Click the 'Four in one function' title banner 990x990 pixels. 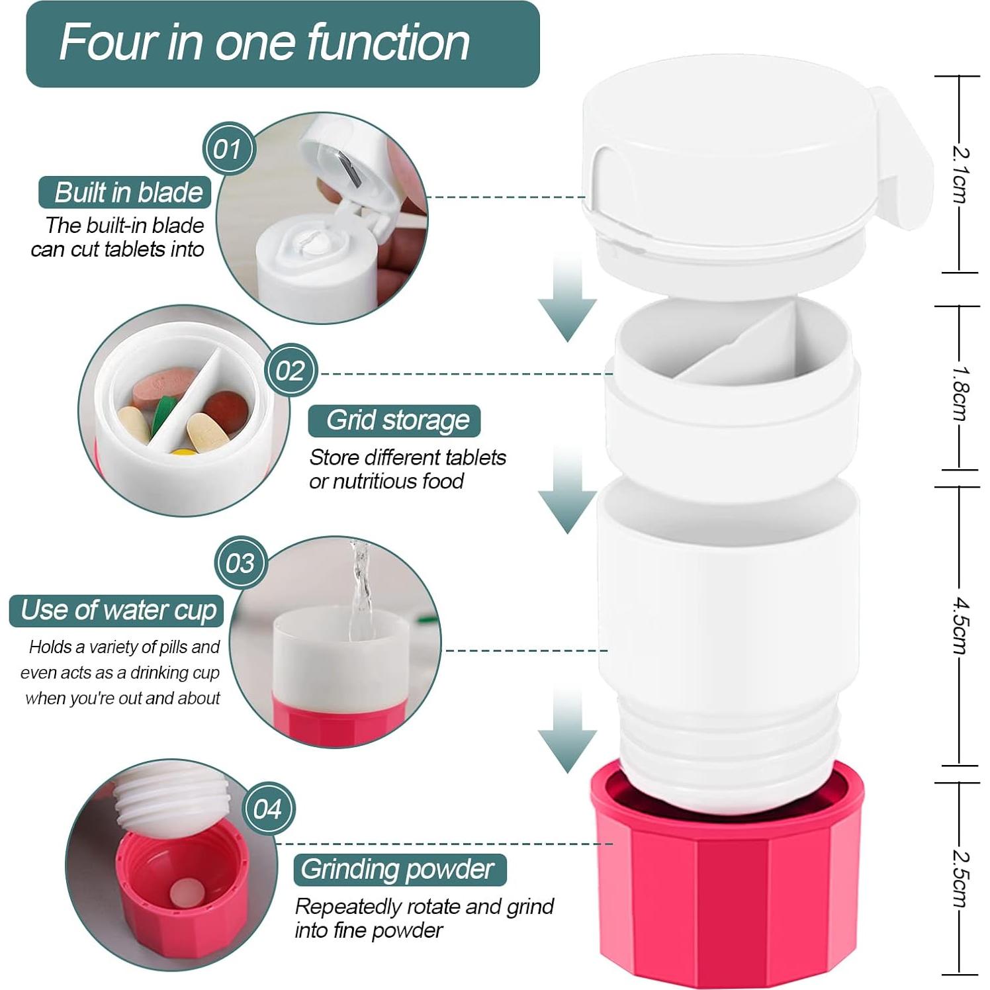pos(283,44)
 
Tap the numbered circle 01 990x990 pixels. pos(228,148)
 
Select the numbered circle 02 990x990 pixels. pos(290,371)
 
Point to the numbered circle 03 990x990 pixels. pos(240,563)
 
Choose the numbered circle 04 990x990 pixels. pos(267,809)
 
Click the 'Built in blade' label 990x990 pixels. pos(125,193)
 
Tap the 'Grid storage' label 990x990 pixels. pos(394,421)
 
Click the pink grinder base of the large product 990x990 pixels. pos(727,880)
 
